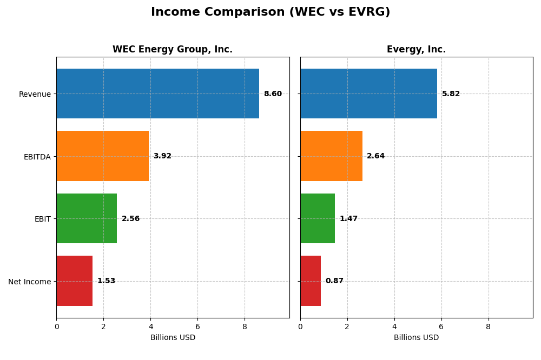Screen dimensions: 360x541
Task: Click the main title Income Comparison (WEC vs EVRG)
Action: point(270,12)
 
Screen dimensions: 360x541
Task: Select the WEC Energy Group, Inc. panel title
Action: point(173,50)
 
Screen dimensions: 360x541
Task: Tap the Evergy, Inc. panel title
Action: point(416,50)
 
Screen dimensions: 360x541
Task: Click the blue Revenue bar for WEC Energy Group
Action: point(157,94)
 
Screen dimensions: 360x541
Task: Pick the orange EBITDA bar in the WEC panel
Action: point(102,156)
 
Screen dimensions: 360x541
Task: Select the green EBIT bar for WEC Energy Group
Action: point(87,218)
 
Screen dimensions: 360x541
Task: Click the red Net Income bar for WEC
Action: point(74,281)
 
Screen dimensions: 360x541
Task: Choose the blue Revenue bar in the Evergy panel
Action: point(368,94)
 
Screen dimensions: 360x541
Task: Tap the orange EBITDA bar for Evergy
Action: point(331,156)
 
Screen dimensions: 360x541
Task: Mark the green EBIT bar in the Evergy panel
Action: point(318,218)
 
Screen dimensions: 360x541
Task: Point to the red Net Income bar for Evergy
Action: point(311,281)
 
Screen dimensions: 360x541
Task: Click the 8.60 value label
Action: point(273,94)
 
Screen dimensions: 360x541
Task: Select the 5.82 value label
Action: point(451,94)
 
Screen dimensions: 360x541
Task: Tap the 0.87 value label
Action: point(334,281)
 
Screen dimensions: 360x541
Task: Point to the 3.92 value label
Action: point(162,156)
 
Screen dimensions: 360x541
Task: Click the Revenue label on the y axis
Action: point(35,94)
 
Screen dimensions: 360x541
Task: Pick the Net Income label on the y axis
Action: point(29,282)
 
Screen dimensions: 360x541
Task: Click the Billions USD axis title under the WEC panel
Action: point(173,338)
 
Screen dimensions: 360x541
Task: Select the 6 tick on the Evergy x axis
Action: point(441,326)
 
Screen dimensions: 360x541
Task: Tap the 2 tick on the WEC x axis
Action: point(103,326)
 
